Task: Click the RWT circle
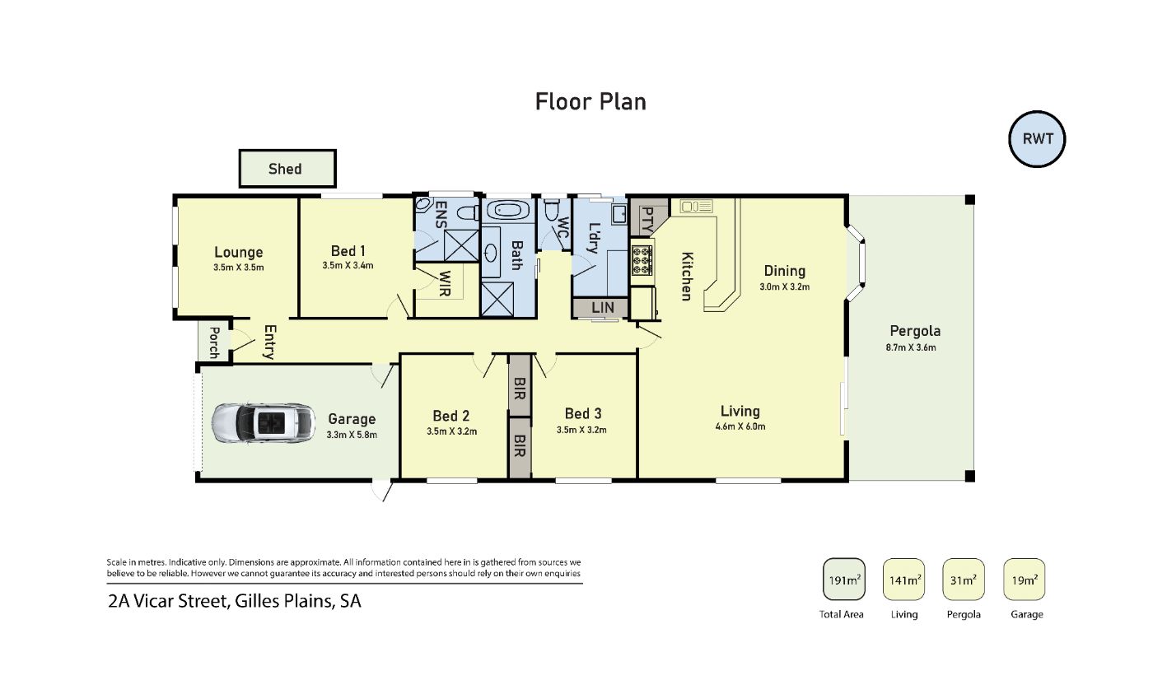[x=1037, y=139]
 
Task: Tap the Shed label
[x=285, y=169]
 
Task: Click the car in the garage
[x=263, y=423]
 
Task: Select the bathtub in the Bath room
[x=507, y=211]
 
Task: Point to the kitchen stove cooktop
[x=642, y=261]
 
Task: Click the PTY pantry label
[x=648, y=220]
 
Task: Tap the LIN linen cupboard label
[x=602, y=308]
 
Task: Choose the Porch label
[x=214, y=342]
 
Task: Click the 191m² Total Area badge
[x=843, y=580]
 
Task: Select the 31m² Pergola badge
[x=963, y=580]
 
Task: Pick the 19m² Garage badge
[x=1024, y=580]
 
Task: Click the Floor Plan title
[x=591, y=102]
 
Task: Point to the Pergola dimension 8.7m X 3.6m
[x=911, y=347]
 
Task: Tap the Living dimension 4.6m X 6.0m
[x=740, y=426]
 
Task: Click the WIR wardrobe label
[x=444, y=283]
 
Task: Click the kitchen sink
[x=696, y=207]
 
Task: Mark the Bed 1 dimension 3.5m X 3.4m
[x=348, y=265]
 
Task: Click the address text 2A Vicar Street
[x=168, y=601]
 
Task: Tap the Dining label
[x=784, y=271]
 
